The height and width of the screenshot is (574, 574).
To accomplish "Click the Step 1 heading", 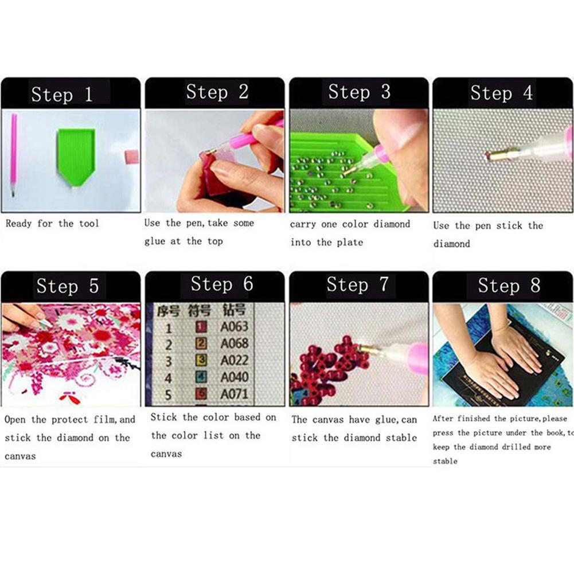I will point(62,94).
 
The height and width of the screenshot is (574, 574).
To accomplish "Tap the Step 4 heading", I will point(501,93).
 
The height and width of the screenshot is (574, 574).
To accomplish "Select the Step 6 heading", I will point(221,284).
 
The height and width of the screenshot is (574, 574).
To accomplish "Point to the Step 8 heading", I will point(509,285).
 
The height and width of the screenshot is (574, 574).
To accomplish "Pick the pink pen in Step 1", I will point(13,155).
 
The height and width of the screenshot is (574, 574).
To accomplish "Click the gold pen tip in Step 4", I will point(494,155).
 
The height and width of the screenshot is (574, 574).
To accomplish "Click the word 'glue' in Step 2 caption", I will point(154,241).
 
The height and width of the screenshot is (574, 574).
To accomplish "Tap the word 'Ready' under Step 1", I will point(19,224).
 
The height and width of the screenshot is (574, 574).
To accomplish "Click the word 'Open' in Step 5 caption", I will point(15,420).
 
